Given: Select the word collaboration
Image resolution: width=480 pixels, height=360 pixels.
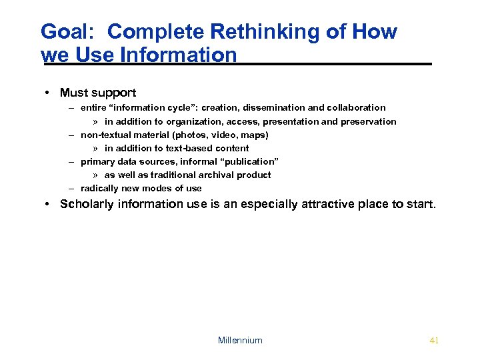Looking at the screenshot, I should click(356, 107).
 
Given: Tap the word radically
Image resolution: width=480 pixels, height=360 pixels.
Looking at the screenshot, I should click(99, 188).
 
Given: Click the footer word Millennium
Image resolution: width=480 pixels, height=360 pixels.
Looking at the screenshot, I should click(240, 340).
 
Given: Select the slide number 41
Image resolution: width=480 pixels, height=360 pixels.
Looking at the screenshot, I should click(434, 340).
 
